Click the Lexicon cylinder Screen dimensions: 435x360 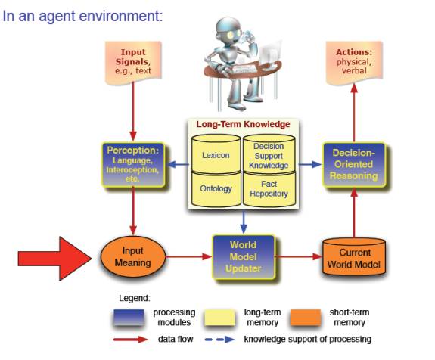(216, 154)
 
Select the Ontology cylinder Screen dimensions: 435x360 (216, 189)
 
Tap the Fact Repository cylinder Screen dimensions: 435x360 (269, 189)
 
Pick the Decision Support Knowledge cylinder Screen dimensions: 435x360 (269, 154)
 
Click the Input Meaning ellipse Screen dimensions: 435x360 (132, 257)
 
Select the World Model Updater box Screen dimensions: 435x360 (244, 257)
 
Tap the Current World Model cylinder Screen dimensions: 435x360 (354, 257)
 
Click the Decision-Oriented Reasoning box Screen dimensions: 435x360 (354, 164)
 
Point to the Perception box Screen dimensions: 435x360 (133, 164)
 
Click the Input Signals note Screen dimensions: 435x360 (133, 62)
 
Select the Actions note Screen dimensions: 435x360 (354, 62)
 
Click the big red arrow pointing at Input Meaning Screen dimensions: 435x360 (55, 259)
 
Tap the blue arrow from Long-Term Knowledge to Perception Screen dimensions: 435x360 (179, 164)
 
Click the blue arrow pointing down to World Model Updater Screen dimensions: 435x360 (244, 222)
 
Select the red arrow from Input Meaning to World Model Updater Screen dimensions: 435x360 (189, 256)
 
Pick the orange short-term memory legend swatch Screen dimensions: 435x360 (306, 318)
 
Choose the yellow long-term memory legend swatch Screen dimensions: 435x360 (219, 318)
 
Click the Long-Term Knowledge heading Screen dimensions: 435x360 (243, 124)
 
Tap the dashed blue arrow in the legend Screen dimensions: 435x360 (219, 339)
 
